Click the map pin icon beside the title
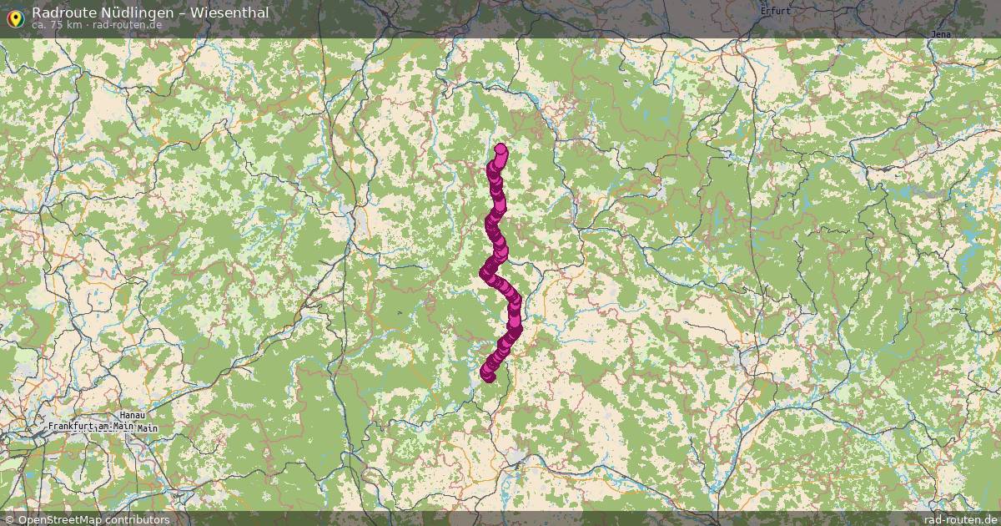coord(15,17)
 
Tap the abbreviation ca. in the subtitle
coord(40,25)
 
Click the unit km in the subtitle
coord(75,25)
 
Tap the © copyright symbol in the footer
coord(10,519)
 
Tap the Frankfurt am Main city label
coord(91,427)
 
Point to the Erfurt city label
coord(775,12)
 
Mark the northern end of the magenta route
coord(500,150)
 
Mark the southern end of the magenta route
coord(489,377)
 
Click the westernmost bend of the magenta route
coord(485,272)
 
